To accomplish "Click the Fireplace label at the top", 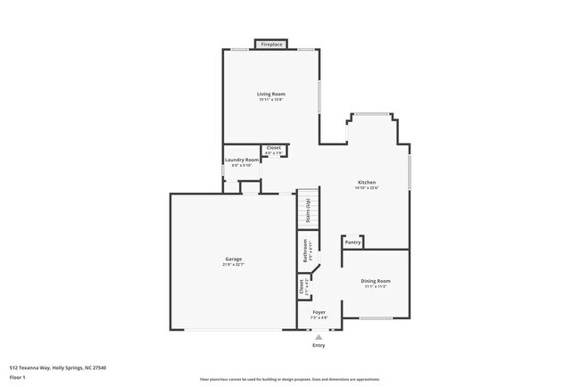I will [272, 44].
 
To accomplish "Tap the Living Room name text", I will [270, 94].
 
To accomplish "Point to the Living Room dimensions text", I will [270, 100].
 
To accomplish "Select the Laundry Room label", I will [242, 160].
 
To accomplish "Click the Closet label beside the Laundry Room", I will [274, 147].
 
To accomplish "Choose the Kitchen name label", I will [367, 182].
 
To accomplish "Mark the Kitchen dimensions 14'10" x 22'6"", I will [367, 188].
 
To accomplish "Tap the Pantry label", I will [352, 242].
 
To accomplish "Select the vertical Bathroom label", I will [304, 250].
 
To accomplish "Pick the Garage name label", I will [234, 259].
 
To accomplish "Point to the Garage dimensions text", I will [234, 265].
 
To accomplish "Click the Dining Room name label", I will [376, 281].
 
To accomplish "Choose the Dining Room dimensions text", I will [376, 287].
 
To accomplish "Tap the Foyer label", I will [319, 312].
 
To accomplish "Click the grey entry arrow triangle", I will [319, 336].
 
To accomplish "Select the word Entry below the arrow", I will [319, 345].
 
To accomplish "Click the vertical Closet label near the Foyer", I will [302, 287].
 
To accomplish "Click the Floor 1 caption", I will [18, 377].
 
